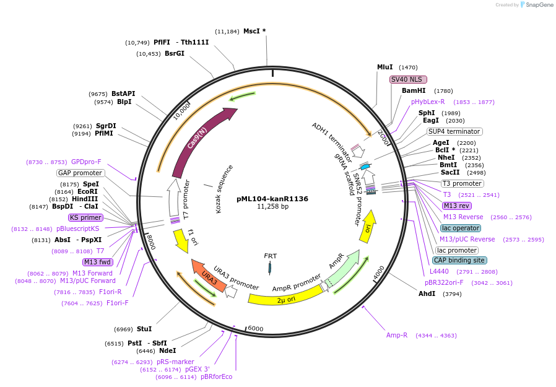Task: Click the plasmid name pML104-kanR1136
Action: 272,199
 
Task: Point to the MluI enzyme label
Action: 385,67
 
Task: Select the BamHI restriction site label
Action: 414,90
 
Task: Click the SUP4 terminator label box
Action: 454,131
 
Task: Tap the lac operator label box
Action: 461,228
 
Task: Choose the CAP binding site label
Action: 459,260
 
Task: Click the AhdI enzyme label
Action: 427,294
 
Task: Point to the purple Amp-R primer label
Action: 397,335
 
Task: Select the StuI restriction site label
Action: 144,329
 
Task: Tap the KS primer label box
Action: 85,217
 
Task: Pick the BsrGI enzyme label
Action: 175,54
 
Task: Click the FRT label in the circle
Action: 271,256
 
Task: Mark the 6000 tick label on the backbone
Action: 256,329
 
